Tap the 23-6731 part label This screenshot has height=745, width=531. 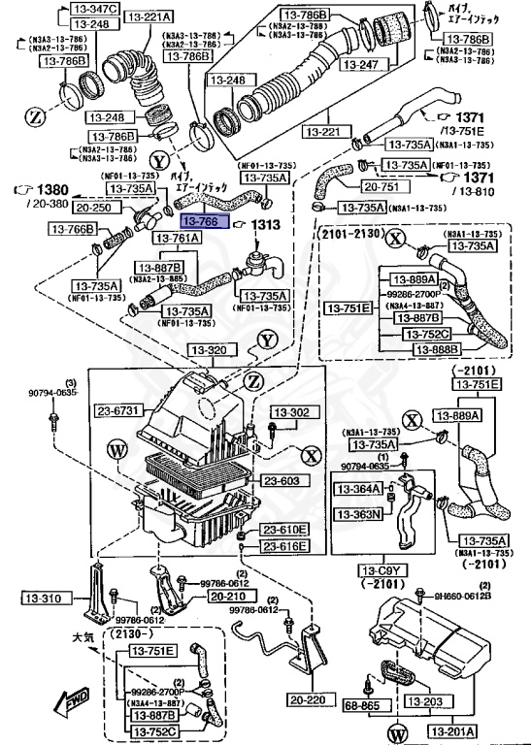click(118, 410)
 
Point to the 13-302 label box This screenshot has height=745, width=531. click(289, 411)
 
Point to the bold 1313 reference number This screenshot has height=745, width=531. click(266, 225)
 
